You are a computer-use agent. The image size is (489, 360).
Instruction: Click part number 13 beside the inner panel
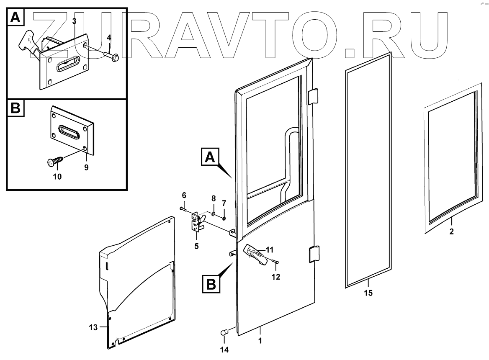click(93, 327)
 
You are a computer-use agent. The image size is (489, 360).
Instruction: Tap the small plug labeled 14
click(224, 333)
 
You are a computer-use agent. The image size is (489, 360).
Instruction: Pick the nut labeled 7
click(224, 218)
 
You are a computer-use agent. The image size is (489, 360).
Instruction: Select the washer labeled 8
click(213, 214)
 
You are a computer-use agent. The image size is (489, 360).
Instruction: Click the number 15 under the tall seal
click(368, 293)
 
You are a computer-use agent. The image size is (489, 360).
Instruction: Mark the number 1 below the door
click(260, 341)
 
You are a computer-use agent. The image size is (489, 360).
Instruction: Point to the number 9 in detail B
click(87, 167)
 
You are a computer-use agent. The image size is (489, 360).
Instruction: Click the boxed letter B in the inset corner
click(15, 108)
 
